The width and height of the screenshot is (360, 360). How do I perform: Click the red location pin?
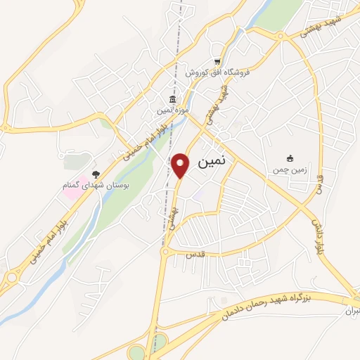[x=181, y=165]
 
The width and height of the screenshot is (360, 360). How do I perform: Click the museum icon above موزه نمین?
[x=171, y=100]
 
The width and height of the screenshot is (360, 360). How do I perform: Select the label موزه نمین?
[x=172, y=111]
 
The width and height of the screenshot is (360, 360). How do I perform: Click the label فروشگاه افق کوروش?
[x=219, y=72]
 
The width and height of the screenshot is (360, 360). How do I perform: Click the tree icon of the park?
[x=96, y=175]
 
